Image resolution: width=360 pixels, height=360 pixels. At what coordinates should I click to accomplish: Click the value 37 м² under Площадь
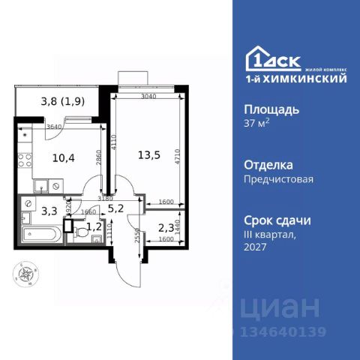coord(259,124)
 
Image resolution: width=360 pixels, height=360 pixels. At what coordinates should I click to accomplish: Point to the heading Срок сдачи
coord(277,220)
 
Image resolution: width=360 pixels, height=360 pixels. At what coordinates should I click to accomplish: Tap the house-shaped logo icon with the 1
coord(259,59)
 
